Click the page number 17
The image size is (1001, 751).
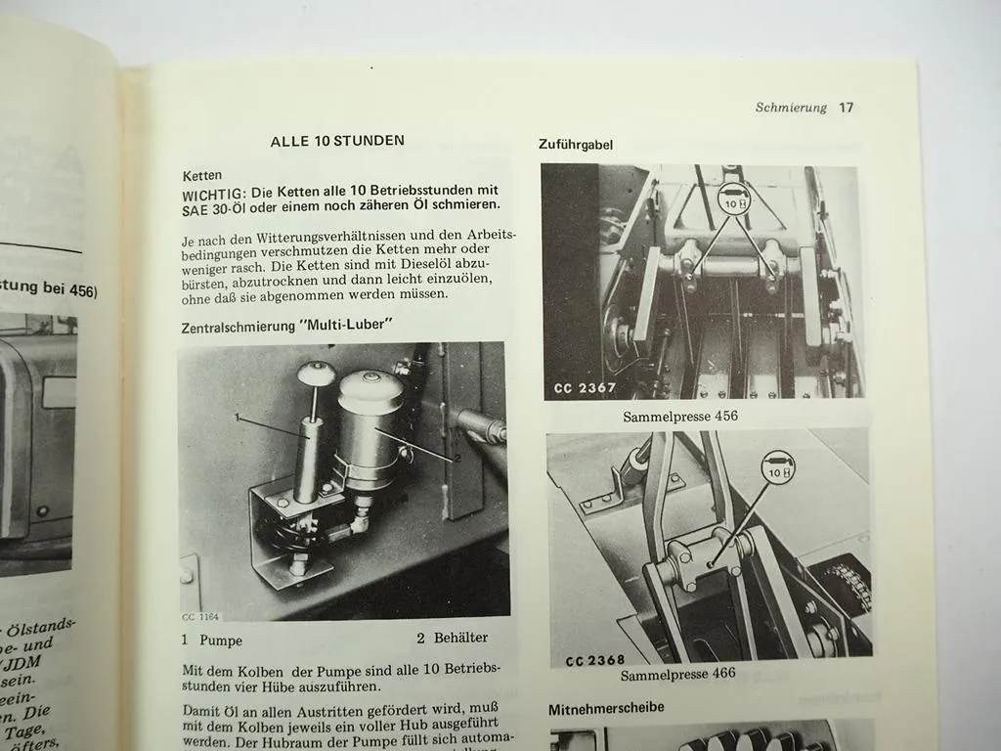[x=846, y=108]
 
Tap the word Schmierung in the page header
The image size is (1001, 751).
[x=791, y=108]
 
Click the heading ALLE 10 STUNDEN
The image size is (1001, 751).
[x=337, y=141]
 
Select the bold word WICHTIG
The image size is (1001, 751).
[x=213, y=191]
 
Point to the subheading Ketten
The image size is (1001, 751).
[x=202, y=176]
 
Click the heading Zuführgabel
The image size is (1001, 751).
[x=576, y=144]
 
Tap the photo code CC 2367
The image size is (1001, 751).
[x=585, y=388]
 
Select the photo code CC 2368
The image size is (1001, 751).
[x=594, y=660]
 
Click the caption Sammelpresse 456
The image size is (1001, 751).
[x=680, y=417]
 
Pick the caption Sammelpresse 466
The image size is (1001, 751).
[x=677, y=674]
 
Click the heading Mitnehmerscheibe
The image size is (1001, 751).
[x=606, y=707]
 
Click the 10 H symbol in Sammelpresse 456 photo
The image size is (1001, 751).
[x=733, y=200]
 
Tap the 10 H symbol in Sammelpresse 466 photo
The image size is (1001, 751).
[x=778, y=466]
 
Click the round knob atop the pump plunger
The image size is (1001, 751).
[x=316, y=374]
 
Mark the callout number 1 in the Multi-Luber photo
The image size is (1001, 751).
[x=238, y=417]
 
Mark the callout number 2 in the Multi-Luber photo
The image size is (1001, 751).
[x=457, y=458]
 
